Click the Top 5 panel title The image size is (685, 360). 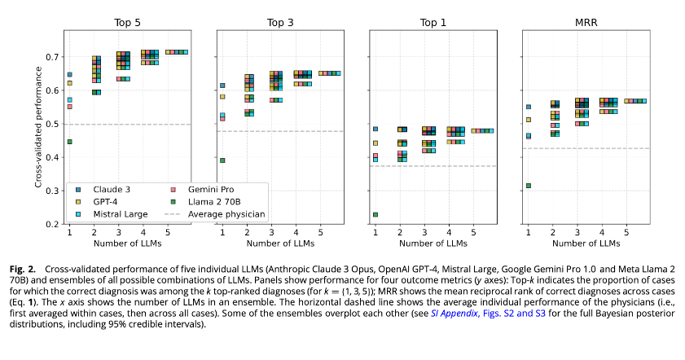pos(127,22)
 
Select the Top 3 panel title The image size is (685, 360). pos(280,22)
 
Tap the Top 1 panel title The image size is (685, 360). pos(433,22)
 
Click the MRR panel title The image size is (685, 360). pos(586,22)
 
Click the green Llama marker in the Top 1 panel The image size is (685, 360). pos(375,215)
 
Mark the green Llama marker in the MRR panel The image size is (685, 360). pos(529,186)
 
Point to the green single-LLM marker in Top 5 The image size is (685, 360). pos(69,142)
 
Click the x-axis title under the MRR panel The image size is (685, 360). pos(586,244)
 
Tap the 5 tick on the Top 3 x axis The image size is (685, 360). pos(321,232)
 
